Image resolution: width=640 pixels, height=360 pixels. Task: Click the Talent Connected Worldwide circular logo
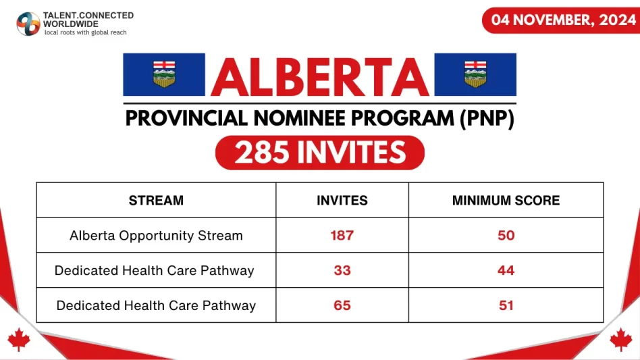(28, 23)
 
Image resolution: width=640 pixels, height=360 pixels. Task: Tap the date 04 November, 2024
(560, 20)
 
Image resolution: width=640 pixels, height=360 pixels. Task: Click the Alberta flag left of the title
(164, 74)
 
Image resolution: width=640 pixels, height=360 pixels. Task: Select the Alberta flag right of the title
(475, 74)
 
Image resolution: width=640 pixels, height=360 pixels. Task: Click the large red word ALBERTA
(320, 76)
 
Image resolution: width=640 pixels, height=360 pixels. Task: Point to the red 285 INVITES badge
(320, 153)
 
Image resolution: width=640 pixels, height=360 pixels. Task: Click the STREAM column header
(156, 201)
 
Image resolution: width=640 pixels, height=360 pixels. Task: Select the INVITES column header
(342, 201)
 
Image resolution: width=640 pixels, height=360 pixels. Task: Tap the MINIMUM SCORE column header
(506, 201)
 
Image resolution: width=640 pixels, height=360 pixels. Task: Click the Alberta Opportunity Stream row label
(156, 236)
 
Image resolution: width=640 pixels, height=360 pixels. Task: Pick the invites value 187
(342, 236)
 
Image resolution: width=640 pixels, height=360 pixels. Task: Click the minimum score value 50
(506, 236)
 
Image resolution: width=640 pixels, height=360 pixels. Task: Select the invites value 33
(342, 270)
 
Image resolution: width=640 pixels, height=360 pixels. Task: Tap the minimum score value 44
(506, 270)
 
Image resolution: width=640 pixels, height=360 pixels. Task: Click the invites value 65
(342, 305)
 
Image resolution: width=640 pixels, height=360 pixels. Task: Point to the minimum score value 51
(506, 305)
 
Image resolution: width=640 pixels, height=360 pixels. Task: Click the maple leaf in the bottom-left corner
(19, 339)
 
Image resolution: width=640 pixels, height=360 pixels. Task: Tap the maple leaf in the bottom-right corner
(620, 339)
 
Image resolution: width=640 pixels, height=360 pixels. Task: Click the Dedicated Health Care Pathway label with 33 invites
(155, 270)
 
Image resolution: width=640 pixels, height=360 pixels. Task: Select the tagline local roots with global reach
(85, 32)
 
